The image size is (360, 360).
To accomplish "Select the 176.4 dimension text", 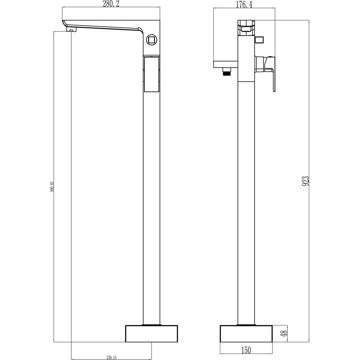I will coord(244,4).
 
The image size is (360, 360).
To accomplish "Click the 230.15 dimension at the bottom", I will coord(112,357).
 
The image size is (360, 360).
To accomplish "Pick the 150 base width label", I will coord(246,350).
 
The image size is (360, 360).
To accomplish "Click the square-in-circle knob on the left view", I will coord(152,39).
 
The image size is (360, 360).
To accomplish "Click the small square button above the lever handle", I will coord(259,39).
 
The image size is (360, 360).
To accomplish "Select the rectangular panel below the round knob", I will coord(152,74).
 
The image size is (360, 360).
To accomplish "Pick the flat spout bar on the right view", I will coord(226,64).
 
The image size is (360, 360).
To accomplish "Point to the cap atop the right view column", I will coord(246,27).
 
